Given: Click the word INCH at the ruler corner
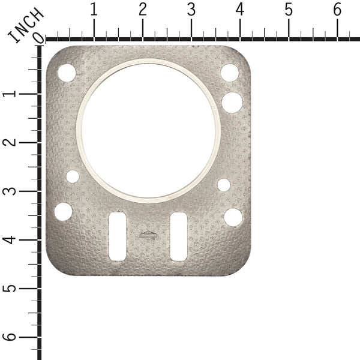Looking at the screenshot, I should click(x=25, y=26).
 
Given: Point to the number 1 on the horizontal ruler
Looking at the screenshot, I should click(x=94, y=10).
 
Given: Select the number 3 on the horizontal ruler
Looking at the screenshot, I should click(x=191, y=10).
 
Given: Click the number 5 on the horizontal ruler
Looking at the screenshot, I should click(x=289, y=10).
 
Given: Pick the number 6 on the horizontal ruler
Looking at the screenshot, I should click(x=337, y=10).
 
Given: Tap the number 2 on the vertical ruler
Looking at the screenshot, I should click(x=10, y=143).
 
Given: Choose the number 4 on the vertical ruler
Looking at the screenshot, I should click(x=10, y=240).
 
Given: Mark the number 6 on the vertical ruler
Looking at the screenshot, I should click(x=10, y=337).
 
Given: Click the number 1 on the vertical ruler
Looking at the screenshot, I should click(x=10, y=94).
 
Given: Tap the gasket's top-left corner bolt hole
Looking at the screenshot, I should click(x=67, y=73).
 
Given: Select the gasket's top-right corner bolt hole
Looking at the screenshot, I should click(x=230, y=73).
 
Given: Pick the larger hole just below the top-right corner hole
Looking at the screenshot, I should click(x=232, y=101).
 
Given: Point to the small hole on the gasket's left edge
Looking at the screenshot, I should click(x=73, y=176).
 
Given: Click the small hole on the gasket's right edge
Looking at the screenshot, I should click(x=224, y=185).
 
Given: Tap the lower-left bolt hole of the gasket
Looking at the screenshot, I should click(x=64, y=211).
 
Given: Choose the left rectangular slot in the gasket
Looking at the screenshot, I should click(x=118, y=236).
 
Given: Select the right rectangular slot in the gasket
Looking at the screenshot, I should click(x=178, y=236).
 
